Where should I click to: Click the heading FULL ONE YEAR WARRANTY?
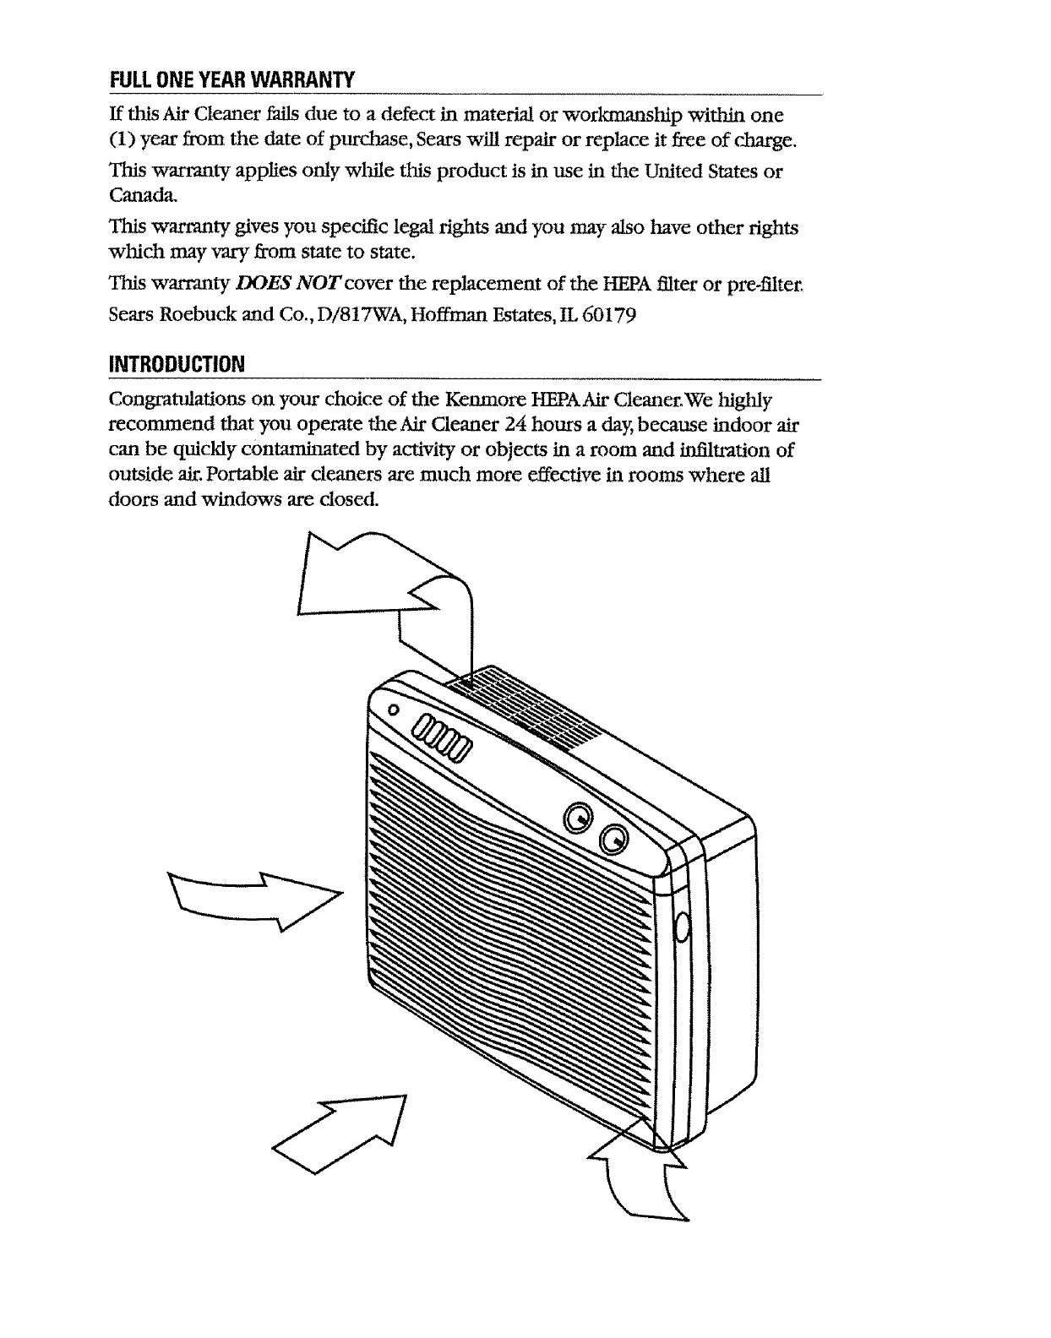pos(231,79)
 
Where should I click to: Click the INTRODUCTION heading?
pos(177,364)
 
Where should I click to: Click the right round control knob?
pos(613,840)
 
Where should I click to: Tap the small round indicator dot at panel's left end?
pos(394,710)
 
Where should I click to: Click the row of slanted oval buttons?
pos(438,739)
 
